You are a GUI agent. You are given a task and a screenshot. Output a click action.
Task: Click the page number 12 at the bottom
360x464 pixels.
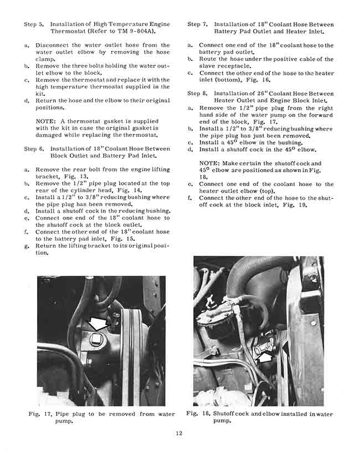point(179,433)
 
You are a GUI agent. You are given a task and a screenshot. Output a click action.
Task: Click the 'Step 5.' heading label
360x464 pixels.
point(34,24)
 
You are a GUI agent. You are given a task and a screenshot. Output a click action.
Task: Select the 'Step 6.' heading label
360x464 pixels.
point(34,149)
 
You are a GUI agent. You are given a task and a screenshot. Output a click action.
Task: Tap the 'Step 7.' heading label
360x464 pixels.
point(198,24)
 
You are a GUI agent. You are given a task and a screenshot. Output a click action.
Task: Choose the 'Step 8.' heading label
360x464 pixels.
point(198,93)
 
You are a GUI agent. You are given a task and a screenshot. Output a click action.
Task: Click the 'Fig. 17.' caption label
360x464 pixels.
point(39,414)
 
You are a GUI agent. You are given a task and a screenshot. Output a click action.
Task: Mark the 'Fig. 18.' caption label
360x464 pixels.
point(198,414)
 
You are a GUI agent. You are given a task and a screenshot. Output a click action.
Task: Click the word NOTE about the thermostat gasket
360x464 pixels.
point(45,121)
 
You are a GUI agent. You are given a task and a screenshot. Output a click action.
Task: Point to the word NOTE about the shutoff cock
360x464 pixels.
point(209,163)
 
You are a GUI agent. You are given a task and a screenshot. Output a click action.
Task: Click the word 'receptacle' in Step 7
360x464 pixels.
point(229,66)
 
